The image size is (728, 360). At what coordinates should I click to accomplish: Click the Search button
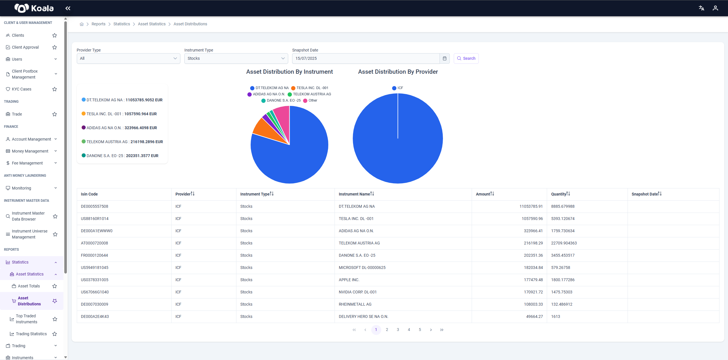coord(466,58)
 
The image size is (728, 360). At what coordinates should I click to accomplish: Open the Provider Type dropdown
coord(128,58)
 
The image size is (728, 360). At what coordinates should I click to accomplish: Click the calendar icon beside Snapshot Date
coord(445,58)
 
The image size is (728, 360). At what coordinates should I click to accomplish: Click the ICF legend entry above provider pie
coord(397,88)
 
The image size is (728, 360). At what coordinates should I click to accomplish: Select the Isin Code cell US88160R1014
coord(95,219)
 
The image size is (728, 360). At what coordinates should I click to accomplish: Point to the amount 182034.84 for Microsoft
coord(533,268)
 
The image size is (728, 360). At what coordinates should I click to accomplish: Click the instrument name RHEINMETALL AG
coord(355,304)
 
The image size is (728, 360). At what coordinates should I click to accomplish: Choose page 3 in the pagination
coord(398,330)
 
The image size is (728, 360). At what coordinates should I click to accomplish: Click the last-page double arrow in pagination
coord(442,330)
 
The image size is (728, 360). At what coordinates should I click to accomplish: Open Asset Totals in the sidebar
coord(29,286)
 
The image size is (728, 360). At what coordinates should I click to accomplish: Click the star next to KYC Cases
coord(55,89)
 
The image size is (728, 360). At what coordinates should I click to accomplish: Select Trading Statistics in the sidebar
coord(31,334)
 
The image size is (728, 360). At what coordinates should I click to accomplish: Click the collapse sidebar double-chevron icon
coord(68,8)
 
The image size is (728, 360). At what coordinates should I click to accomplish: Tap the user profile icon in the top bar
coord(715,8)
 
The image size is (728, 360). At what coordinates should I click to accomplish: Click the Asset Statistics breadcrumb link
coord(152,24)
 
